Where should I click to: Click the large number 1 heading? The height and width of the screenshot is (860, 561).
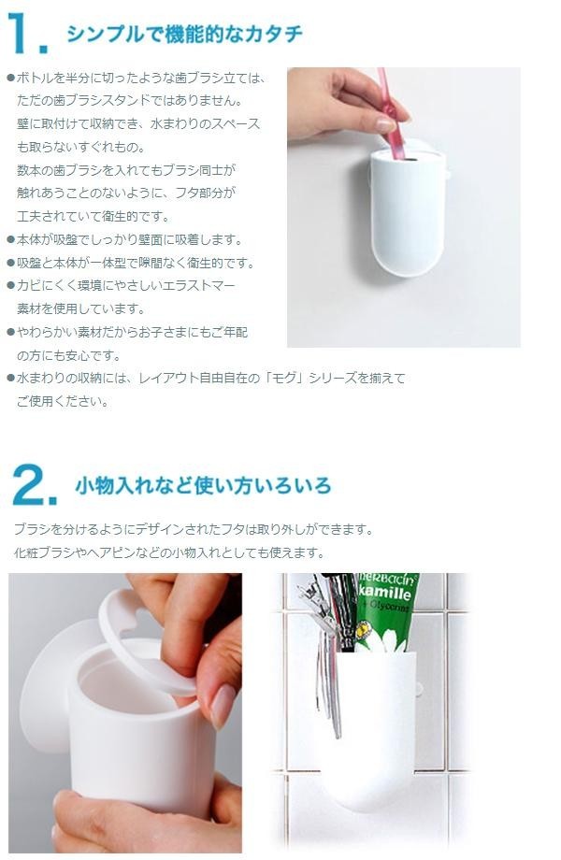[x=21, y=33]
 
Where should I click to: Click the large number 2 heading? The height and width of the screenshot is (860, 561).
[x=30, y=484]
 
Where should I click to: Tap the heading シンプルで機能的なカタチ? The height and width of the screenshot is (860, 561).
[x=184, y=34]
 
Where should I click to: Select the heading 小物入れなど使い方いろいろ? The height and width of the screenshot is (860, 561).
[x=203, y=485]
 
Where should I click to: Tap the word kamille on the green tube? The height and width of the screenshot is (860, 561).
[x=385, y=593]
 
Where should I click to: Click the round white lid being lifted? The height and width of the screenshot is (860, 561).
[x=144, y=640]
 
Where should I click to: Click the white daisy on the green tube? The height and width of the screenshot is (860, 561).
[x=389, y=639]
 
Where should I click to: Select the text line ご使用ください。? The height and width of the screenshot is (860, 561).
[x=63, y=401]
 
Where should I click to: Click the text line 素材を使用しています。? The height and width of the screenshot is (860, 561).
[x=80, y=308]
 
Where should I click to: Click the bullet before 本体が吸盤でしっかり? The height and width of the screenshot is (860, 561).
[x=10, y=239]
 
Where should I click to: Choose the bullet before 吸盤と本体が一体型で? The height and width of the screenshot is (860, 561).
[x=10, y=264]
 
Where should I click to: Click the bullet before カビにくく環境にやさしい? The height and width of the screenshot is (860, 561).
[x=10, y=286]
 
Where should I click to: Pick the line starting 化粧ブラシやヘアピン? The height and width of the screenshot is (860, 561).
[x=169, y=552]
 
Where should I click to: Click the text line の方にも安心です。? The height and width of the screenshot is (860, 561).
[x=68, y=355]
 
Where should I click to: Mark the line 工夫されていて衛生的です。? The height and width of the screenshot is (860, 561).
[x=93, y=217]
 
